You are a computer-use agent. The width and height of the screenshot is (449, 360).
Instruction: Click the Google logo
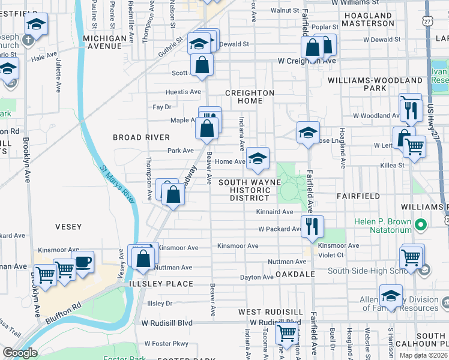click(20, 353)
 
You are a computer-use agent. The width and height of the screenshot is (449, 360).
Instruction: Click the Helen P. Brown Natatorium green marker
click(421, 226)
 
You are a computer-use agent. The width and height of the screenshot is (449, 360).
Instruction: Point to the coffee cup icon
click(83, 262)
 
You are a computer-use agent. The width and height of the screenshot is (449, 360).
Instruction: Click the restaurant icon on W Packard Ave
click(312, 227)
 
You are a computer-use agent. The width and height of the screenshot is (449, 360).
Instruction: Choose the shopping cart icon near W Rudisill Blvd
click(287, 332)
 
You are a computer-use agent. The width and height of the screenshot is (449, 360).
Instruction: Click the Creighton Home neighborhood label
click(250, 97)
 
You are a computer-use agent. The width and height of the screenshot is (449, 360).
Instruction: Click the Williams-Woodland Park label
click(375, 84)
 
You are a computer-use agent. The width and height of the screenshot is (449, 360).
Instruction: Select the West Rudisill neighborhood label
click(271, 312)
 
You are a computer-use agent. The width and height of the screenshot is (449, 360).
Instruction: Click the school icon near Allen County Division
click(391, 295)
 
